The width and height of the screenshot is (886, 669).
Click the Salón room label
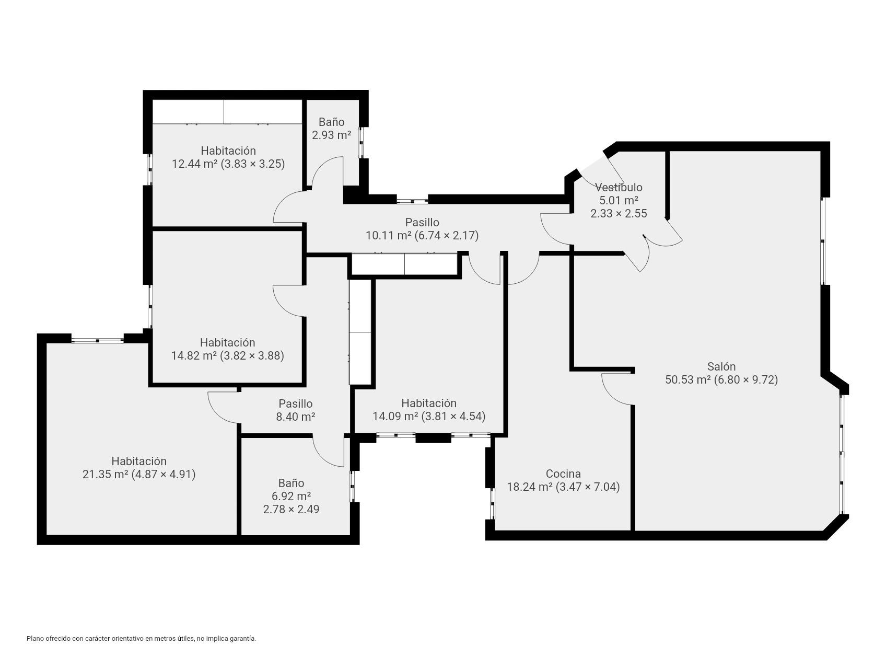(x=721, y=366)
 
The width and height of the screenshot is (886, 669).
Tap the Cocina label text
(x=563, y=474)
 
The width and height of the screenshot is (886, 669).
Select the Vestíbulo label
(x=619, y=187)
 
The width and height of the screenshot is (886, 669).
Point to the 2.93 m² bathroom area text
(x=331, y=135)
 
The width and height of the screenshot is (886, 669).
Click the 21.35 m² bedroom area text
(x=139, y=475)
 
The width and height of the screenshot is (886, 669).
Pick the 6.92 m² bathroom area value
(x=291, y=496)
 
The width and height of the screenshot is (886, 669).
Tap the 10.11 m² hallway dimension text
(x=422, y=236)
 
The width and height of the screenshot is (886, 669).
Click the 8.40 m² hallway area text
(x=295, y=417)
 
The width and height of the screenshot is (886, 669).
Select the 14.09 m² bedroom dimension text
(x=429, y=416)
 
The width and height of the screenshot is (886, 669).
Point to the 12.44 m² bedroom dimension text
(x=228, y=164)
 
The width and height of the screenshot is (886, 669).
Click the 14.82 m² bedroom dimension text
(x=228, y=356)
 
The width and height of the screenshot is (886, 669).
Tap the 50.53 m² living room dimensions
(x=721, y=379)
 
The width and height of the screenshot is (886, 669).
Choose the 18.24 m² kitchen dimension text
(x=563, y=487)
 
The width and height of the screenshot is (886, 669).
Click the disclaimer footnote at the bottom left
(x=141, y=639)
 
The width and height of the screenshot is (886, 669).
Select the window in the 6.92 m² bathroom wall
(x=352, y=487)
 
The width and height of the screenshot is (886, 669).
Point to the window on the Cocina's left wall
(x=492, y=504)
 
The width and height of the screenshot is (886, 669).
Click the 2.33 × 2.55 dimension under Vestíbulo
(x=619, y=213)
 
